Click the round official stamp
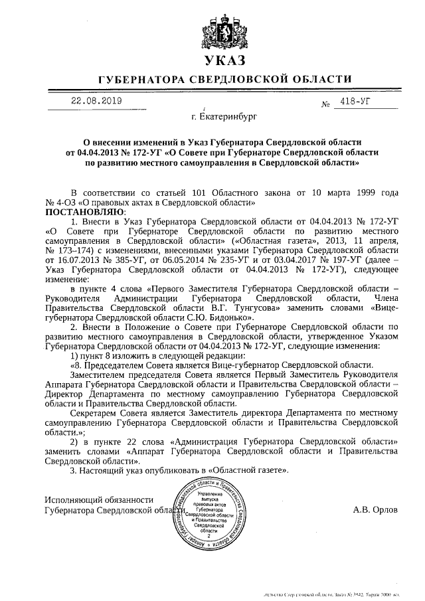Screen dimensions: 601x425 point(214,515)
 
